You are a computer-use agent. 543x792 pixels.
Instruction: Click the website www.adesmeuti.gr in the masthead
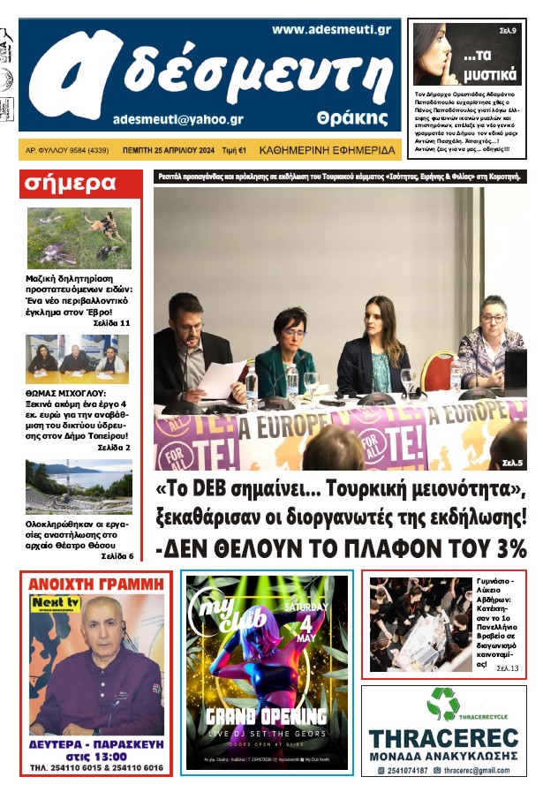click(x=331, y=29)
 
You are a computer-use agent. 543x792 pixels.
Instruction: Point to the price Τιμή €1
click(x=234, y=150)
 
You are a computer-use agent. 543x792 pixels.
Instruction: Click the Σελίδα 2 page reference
click(x=114, y=448)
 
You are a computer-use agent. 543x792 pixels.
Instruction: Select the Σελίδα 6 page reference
click(x=117, y=556)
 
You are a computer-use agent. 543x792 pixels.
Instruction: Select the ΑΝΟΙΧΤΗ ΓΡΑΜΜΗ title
click(x=96, y=584)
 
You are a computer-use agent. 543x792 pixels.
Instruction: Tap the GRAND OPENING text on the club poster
click(x=267, y=715)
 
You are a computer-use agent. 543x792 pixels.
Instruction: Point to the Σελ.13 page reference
click(x=508, y=668)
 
